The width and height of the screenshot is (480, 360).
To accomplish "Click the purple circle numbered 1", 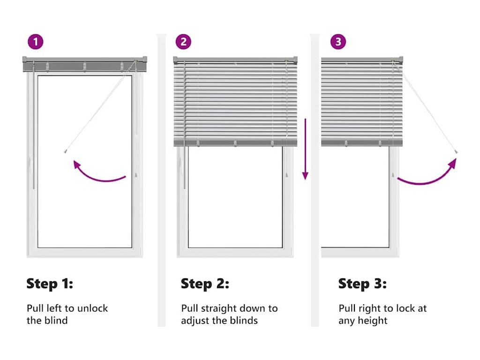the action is [x=36, y=42].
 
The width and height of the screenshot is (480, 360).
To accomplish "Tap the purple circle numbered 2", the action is [x=183, y=42].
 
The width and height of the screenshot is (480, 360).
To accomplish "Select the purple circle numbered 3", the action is [x=338, y=42].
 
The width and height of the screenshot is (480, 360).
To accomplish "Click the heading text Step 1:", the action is [x=50, y=284].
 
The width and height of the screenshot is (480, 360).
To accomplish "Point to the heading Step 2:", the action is [x=205, y=284].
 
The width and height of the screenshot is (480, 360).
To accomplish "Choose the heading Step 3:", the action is [x=362, y=284].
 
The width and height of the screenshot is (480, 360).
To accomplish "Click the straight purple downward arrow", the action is [x=305, y=149].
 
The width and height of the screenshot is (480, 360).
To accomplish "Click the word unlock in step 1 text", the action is [x=92, y=308].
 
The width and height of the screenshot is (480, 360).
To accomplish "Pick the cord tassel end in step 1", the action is [x=65, y=151].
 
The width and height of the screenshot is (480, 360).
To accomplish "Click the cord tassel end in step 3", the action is [x=456, y=151].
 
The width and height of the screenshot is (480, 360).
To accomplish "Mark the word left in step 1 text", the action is [x=53, y=308].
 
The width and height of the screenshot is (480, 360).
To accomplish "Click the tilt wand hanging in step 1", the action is [x=33, y=128].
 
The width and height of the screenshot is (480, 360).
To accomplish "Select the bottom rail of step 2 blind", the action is [x=235, y=143].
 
